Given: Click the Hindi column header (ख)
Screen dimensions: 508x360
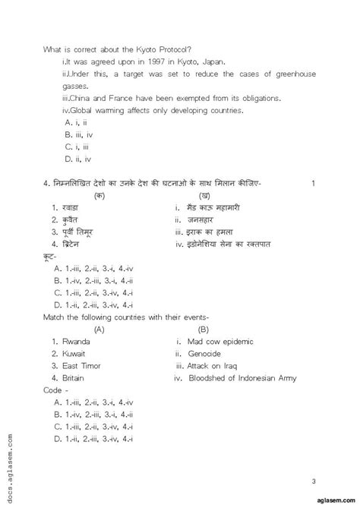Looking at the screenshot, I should [x=202, y=195].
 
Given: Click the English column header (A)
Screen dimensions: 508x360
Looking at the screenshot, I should [x=99, y=330].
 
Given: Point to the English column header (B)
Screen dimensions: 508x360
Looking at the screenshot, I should [x=204, y=330].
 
